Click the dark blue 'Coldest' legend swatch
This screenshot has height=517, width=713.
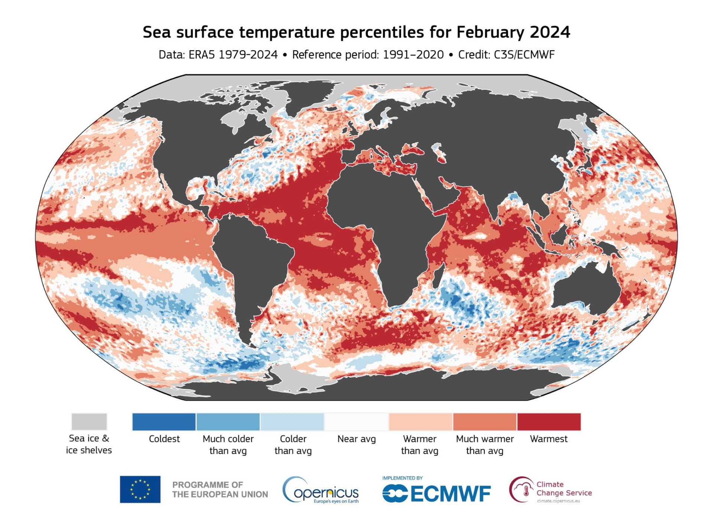(x=164, y=422)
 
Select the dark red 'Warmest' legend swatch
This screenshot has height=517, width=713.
(x=548, y=422)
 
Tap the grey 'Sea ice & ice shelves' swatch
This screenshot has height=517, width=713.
(x=89, y=422)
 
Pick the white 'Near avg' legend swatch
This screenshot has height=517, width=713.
(x=356, y=422)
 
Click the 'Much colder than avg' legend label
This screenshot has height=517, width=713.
(x=228, y=445)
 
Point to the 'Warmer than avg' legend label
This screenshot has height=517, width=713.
(x=420, y=445)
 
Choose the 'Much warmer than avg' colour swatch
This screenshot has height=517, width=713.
(x=484, y=422)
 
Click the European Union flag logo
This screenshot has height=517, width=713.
(x=140, y=489)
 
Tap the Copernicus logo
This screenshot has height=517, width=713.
(x=321, y=490)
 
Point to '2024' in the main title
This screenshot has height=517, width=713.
(x=550, y=32)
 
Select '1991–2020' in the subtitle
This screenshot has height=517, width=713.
(x=413, y=55)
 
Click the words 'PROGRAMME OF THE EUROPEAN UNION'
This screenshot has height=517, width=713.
(x=220, y=490)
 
